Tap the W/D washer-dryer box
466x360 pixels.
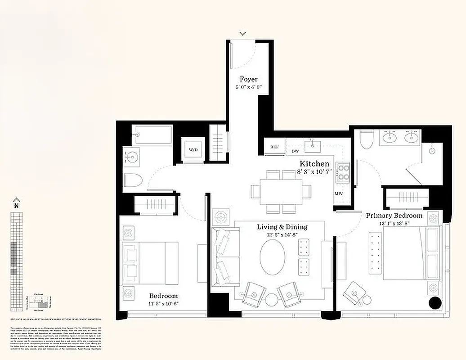(193, 149)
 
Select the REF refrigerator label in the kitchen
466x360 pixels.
(274, 147)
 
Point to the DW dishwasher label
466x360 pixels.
(295, 152)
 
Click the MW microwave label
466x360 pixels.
(338, 194)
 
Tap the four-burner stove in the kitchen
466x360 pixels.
(344, 171)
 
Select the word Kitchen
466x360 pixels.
(314, 164)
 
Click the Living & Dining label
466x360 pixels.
(282, 227)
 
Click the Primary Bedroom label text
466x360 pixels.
(394, 216)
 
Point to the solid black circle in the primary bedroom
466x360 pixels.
(435, 304)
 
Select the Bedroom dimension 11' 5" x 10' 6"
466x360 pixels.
(163, 303)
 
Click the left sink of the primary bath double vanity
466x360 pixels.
(388, 137)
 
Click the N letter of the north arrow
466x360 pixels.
(16, 206)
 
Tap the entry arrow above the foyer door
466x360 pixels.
(243, 33)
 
